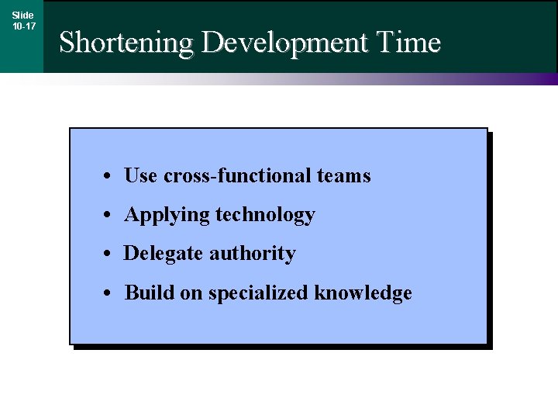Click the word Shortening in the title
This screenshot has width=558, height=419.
click(x=127, y=42)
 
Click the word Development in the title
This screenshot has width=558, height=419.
click(x=284, y=42)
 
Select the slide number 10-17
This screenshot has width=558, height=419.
click(x=23, y=26)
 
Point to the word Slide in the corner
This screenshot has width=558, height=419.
click(x=23, y=15)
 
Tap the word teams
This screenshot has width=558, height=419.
click(x=343, y=176)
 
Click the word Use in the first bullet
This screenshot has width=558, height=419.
click(x=141, y=176)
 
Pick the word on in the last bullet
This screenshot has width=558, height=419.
click(x=191, y=293)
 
